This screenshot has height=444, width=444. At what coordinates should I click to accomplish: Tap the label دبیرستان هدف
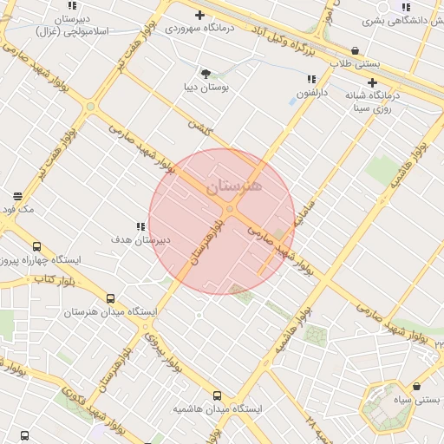pos(140,238)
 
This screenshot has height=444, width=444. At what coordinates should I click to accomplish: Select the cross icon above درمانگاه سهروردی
pos(200,15)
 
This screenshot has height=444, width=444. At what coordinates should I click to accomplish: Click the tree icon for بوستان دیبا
pos(206,74)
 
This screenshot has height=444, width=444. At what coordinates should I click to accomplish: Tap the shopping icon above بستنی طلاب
pos(356,50)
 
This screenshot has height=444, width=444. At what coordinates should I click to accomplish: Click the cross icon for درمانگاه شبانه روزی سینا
pos(373,82)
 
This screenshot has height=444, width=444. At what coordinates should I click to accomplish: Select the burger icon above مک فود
pos(18,195)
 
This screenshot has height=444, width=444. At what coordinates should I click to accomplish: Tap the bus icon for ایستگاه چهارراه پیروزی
pos(36,246)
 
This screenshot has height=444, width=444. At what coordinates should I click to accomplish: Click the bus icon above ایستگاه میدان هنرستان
pos(110,297)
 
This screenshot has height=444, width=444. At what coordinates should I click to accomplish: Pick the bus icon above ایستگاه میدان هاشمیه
pos(217,395)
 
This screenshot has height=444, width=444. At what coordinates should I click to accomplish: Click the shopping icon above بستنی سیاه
pos(417,387)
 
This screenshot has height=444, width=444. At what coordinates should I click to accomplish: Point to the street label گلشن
pos(199,127)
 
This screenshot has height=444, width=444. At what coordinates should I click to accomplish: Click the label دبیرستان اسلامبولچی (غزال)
pos(73,23)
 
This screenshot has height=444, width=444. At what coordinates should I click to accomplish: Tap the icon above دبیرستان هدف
pos(140,226)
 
